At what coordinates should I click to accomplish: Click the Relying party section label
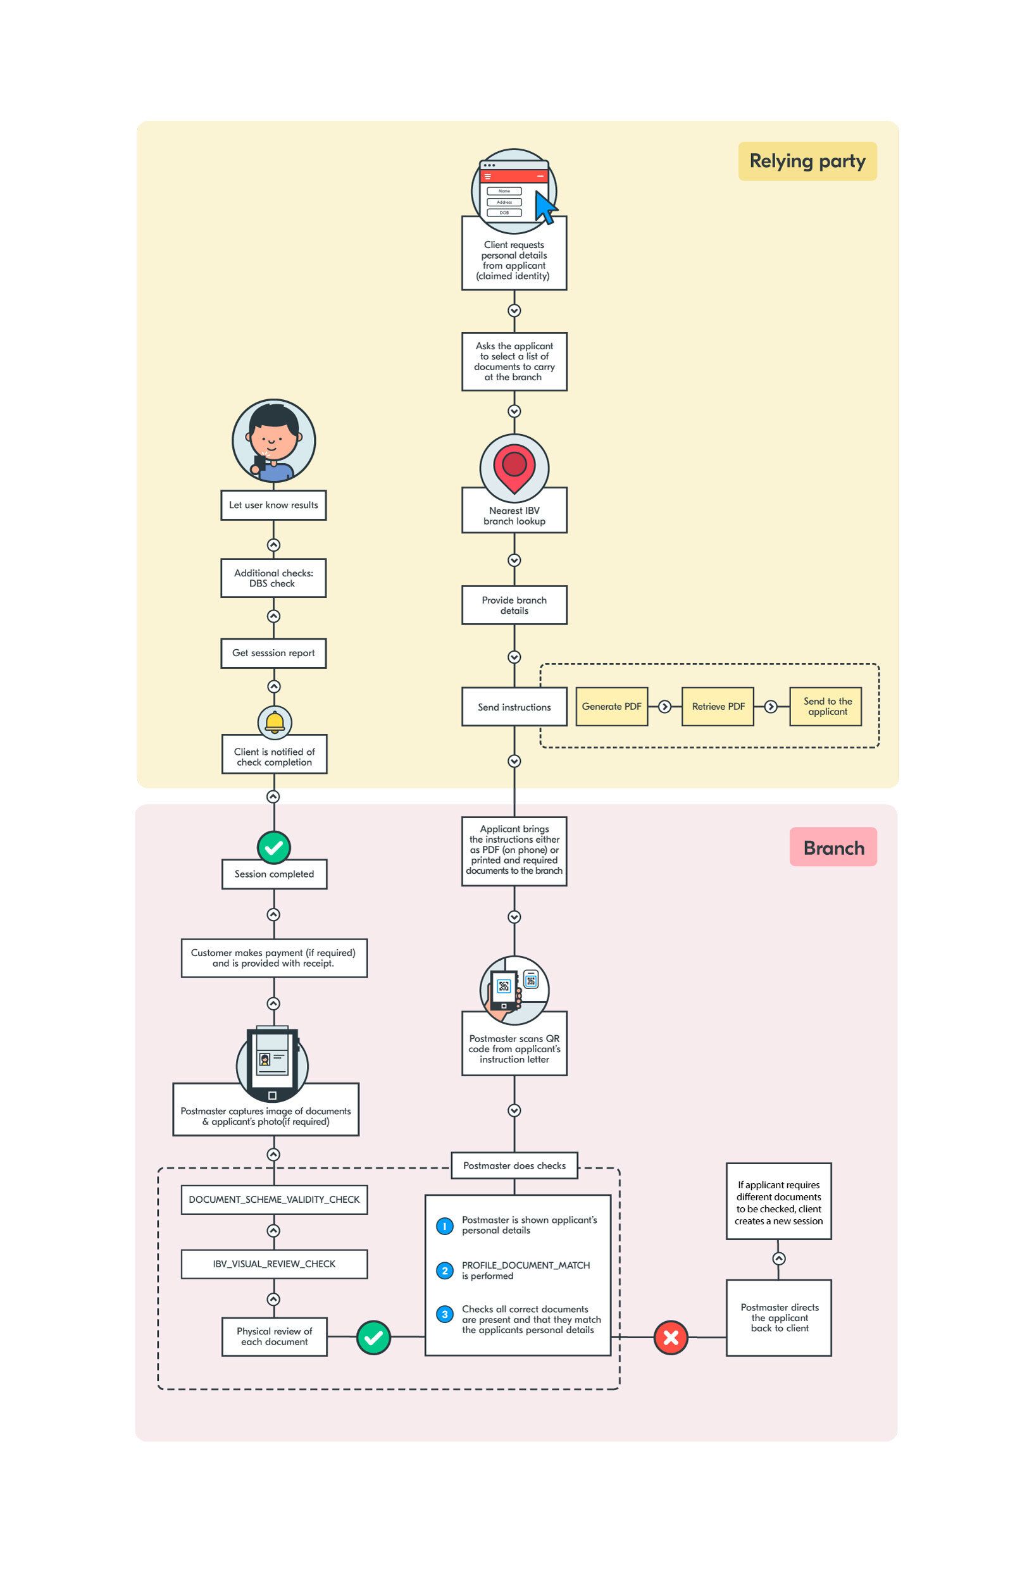[x=807, y=161]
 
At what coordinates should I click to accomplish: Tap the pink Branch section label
[x=833, y=847]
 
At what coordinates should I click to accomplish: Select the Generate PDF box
[x=611, y=706]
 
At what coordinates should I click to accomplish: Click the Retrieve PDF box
[x=718, y=706]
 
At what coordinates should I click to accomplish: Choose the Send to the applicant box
[x=826, y=706]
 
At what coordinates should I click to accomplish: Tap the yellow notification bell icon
[x=275, y=721]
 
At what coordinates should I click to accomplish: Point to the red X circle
[x=671, y=1337]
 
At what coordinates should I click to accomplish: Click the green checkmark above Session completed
[x=274, y=848]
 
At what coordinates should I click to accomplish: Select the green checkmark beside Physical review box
[x=373, y=1337]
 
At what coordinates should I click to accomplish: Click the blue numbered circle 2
[x=445, y=1270]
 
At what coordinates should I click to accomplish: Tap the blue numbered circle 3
[x=445, y=1314]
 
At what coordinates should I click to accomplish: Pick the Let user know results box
[x=273, y=505]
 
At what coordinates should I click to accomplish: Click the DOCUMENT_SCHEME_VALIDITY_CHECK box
[x=274, y=1199]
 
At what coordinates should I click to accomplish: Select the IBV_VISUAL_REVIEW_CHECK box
[x=274, y=1264]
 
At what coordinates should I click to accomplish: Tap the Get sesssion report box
[x=273, y=653]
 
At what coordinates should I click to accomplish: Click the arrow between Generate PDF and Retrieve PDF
[x=664, y=706]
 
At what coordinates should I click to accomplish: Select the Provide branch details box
[x=514, y=606]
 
